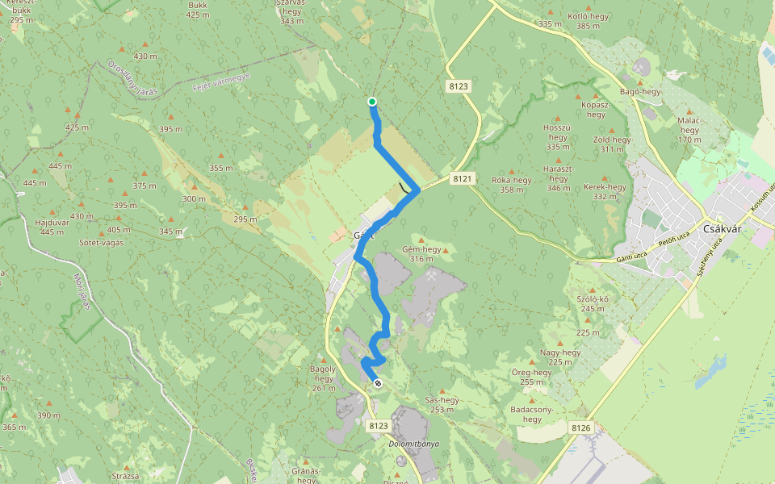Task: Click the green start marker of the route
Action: click(x=372, y=101)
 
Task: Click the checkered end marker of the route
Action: click(x=377, y=383)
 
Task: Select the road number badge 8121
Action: click(x=463, y=177)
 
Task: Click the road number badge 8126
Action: click(x=580, y=428)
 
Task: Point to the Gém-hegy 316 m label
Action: click(x=421, y=254)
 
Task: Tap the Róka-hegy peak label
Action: click(x=512, y=185)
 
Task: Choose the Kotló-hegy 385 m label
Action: click(x=588, y=20)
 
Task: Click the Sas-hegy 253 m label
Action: click(x=442, y=404)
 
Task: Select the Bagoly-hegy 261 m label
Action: click(x=323, y=378)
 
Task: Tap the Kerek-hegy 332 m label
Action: click(x=605, y=191)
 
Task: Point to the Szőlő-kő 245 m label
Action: click(x=593, y=303)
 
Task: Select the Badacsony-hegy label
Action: click(x=532, y=414)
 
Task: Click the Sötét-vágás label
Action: click(x=101, y=242)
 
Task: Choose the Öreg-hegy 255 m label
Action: click(x=532, y=377)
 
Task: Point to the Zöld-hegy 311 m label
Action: click(x=612, y=144)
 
